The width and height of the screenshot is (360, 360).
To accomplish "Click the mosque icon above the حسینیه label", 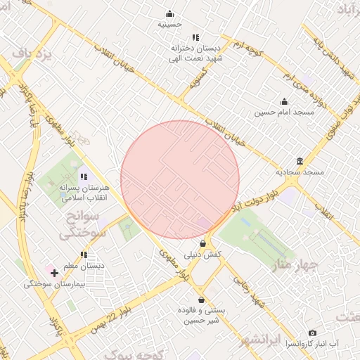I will (169, 13).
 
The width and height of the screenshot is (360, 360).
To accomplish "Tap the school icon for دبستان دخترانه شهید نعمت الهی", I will (195, 37).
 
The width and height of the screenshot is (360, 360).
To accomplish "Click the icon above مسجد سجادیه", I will (300, 161).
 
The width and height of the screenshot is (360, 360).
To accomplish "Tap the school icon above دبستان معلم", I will (84, 255).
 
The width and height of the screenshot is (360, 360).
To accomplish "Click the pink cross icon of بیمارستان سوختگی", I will (54, 272).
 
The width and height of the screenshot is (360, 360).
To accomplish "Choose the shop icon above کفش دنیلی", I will (203, 243).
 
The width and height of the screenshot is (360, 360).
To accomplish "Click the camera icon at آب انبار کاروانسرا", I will (312, 333).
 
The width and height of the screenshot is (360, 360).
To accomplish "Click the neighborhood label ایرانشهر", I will (260, 340).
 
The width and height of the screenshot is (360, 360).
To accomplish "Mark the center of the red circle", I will (180, 180).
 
